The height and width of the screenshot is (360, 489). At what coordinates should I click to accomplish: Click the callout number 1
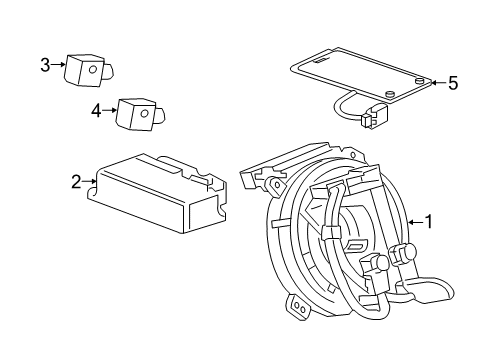click(x=430, y=221)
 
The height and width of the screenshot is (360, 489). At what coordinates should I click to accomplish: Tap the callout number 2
click(x=76, y=181)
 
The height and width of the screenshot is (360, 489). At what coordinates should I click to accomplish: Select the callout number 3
click(x=44, y=66)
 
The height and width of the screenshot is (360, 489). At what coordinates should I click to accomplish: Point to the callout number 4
click(x=96, y=111)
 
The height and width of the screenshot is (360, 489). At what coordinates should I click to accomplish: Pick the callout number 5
click(x=452, y=84)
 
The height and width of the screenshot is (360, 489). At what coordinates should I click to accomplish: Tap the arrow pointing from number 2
click(x=89, y=181)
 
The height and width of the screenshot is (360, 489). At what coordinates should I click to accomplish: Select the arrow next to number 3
click(x=57, y=66)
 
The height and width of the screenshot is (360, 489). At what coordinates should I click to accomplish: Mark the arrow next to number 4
click(x=110, y=111)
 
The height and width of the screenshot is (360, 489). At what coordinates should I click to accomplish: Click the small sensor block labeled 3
click(x=84, y=70)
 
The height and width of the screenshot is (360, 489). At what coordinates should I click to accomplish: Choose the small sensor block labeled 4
click(x=136, y=114)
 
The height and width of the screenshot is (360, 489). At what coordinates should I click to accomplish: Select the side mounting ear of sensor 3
click(x=109, y=70)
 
